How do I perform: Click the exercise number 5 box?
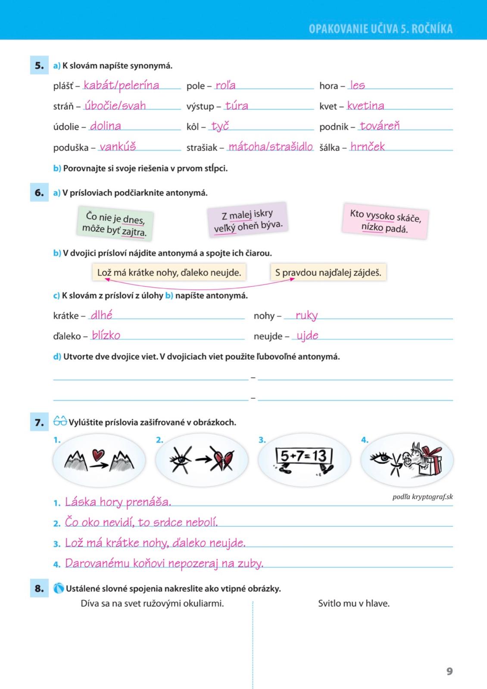coord(39,65)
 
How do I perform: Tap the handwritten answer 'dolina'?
coord(106,126)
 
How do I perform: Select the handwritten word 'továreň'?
coord(380,126)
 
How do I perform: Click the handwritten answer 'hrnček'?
coord(367,146)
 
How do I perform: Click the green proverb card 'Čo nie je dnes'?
coord(115,223)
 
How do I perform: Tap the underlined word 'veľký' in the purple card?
coord(225,228)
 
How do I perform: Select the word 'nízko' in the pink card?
coord(372,227)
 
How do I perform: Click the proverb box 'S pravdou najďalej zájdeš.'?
coord(328,273)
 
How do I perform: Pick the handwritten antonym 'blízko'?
coord(106,335)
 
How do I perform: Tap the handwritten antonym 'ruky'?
coord(306,315)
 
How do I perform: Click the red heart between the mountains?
coord(99,455)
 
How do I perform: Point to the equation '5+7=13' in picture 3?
coord(303,456)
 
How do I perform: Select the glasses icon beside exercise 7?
coord(60,422)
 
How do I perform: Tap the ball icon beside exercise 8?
coord(59,588)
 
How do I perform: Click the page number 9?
coord(450,671)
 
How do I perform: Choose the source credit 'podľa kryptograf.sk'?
coord(422,497)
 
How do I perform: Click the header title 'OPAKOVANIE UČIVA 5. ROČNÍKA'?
coord(381,29)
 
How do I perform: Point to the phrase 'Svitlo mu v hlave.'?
coord(354,603)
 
